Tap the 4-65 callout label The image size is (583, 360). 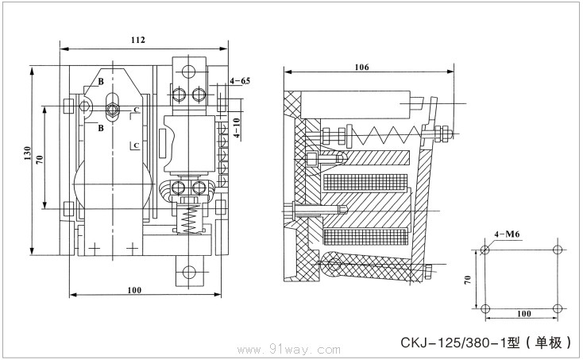[x=239, y=82]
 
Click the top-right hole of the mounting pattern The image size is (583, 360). [x=559, y=250]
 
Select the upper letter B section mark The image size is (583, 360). [x=101, y=82]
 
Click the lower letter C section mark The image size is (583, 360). [x=137, y=145]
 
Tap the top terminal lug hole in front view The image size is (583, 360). [x=187, y=70]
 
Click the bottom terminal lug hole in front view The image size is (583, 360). [x=189, y=273]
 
